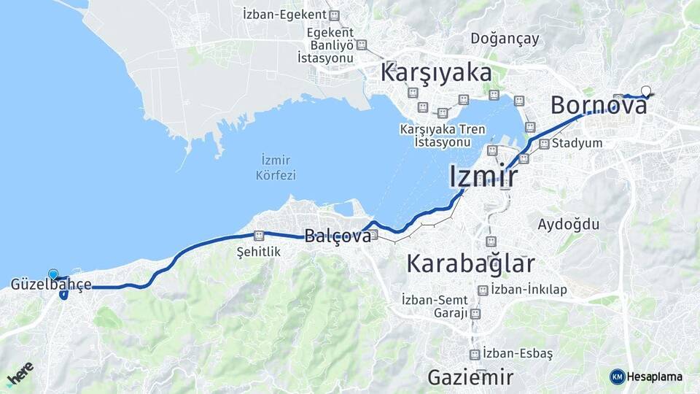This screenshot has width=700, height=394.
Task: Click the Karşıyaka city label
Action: (436, 74)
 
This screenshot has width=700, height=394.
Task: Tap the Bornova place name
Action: (599, 106)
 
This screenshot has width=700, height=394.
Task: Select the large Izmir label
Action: (483, 176)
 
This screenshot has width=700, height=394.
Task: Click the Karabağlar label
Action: (470, 263)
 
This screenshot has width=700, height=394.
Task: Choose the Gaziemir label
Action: (470, 377)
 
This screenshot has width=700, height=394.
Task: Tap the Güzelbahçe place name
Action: (51, 285)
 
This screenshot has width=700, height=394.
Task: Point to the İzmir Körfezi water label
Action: (275, 168)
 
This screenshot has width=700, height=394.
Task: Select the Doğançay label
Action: (505, 38)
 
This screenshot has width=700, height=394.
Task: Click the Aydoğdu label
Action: (568, 224)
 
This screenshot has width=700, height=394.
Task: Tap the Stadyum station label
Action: (577, 143)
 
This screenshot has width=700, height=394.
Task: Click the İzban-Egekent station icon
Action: (334, 15)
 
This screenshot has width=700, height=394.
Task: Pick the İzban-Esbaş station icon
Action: (475, 354)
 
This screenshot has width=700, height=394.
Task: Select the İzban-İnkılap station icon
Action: (482, 290)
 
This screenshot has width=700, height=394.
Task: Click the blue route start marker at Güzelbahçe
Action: (52, 274)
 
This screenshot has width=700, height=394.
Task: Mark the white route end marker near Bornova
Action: (645, 91)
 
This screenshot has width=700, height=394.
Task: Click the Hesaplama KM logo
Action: (617, 376)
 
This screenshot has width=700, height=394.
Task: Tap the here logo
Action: (20, 374)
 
